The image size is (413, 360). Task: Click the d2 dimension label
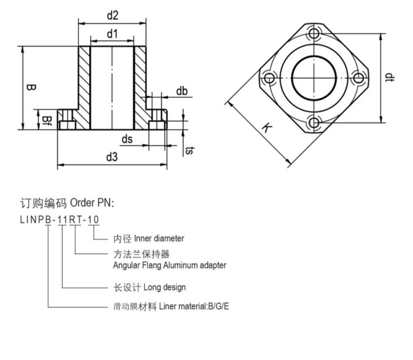click(x=112, y=15)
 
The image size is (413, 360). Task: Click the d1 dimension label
click(x=112, y=34)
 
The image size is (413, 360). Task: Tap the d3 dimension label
click(x=112, y=157)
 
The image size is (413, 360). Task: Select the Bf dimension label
click(x=48, y=119)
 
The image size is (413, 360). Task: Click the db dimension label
click(x=182, y=91)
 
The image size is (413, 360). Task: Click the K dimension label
click(x=266, y=128)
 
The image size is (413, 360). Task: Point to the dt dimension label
click(x=389, y=77)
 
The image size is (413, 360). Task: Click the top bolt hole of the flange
click(x=314, y=34)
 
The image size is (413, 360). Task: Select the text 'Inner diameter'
click(x=159, y=239)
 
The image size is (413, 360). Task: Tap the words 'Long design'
click(x=165, y=287)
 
